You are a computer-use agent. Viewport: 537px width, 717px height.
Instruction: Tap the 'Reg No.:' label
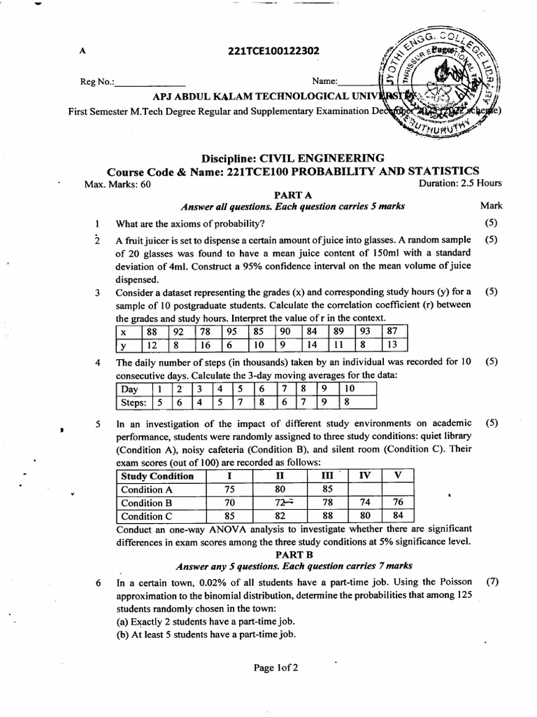tap(97, 82)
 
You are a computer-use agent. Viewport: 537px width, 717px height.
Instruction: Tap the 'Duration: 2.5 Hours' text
tap(460, 184)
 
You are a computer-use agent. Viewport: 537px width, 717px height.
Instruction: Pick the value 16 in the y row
tap(206, 344)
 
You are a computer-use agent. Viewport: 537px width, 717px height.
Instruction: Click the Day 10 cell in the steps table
tap(350, 389)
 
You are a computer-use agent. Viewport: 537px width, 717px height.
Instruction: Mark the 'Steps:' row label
tap(133, 403)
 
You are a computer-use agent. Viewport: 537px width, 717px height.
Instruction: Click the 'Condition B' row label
tap(146, 503)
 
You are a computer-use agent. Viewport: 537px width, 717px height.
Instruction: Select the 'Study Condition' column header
tap(157, 476)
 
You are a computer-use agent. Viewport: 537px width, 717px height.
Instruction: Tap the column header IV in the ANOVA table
tap(364, 476)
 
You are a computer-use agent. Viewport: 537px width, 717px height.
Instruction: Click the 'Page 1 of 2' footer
tap(276, 667)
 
